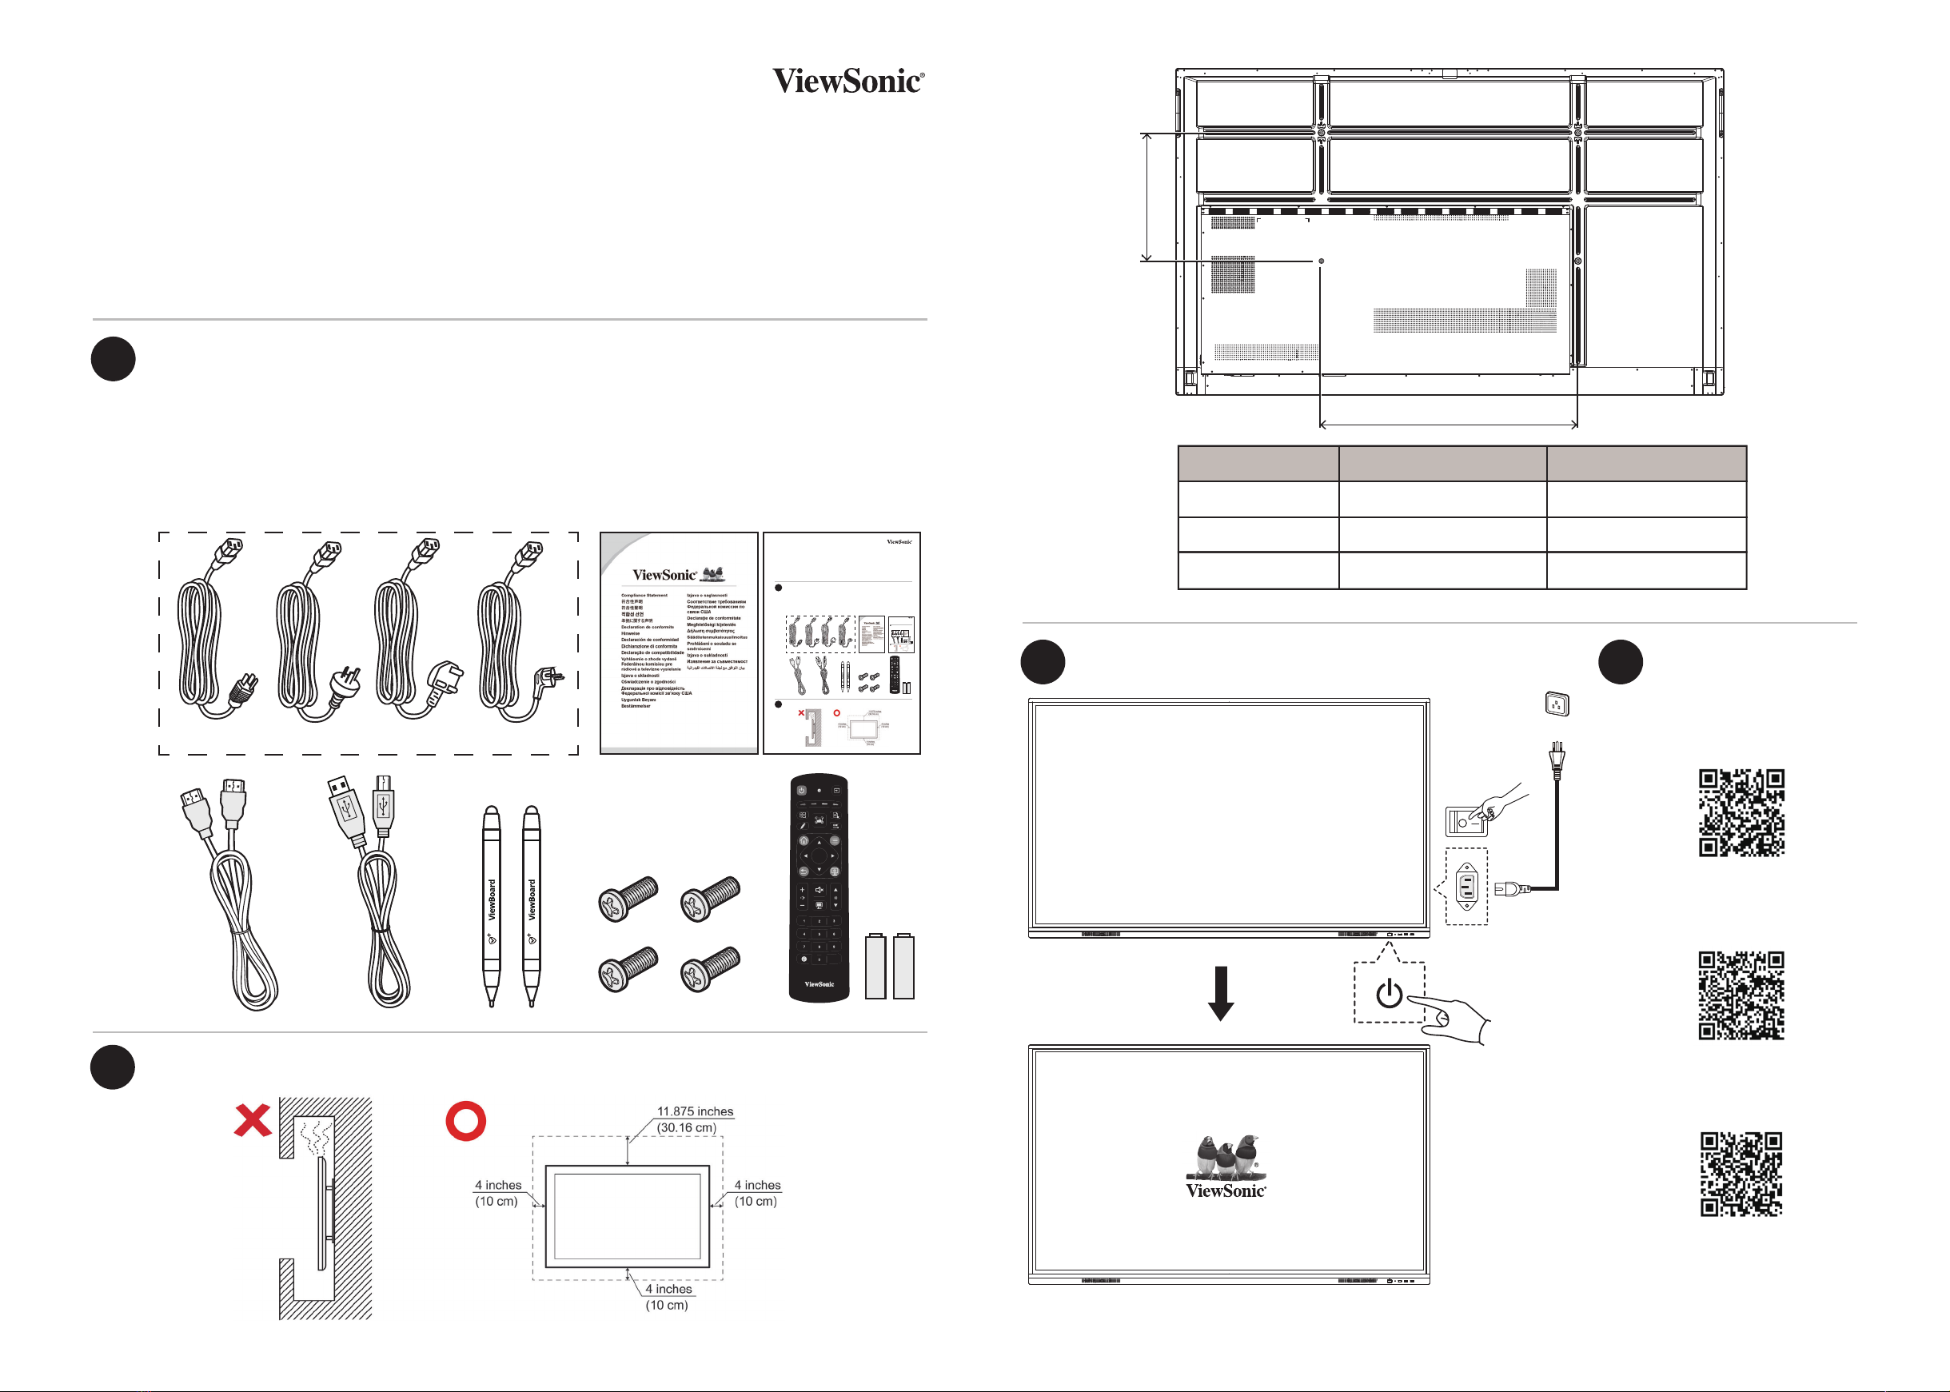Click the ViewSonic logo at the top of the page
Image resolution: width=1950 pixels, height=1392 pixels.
pos(847,82)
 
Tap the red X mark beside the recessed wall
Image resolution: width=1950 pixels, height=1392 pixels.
pos(253,1120)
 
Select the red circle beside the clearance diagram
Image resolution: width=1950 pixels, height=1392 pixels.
pos(465,1120)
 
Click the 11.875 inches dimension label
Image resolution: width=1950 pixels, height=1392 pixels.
pos(695,1111)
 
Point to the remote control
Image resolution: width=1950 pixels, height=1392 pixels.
pos(819,887)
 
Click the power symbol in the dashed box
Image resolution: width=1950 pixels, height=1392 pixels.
pos(1389,995)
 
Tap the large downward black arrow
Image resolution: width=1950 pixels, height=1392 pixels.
pos(1221,993)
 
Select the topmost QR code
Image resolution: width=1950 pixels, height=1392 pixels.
pos(1741,812)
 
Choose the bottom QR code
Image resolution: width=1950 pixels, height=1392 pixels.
pos(1741,1175)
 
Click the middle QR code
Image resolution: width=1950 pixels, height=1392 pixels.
pos(1741,995)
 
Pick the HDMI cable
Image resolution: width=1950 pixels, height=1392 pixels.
pos(228,891)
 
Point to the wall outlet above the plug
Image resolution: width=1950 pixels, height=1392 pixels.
pos(1557,704)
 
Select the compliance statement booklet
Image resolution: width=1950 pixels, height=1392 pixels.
pos(679,643)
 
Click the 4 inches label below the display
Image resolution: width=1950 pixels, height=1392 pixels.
pos(668,1289)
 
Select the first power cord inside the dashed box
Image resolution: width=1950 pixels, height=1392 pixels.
pos(211,634)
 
